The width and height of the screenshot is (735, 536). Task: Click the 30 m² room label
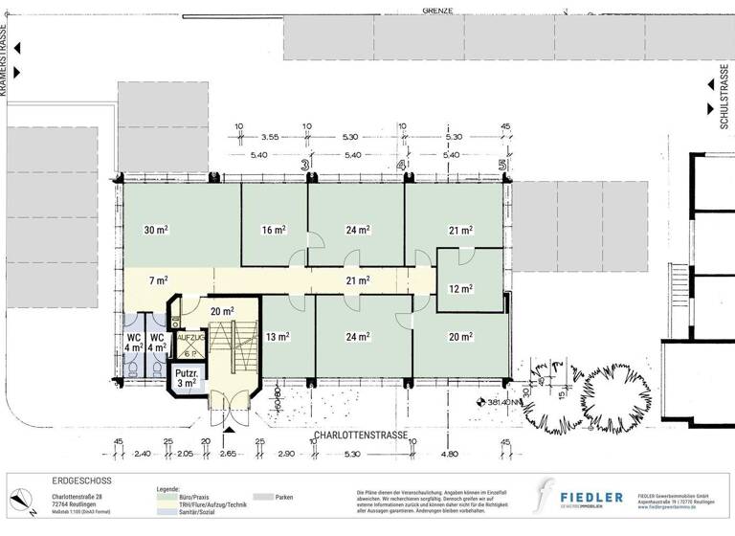(x=156, y=230)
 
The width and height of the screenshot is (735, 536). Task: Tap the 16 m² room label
(x=274, y=230)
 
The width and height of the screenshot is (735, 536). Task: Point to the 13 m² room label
(x=278, y=336)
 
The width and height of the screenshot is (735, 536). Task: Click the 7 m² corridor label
(x=158, y=280)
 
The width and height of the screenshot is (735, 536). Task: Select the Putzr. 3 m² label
(x=186, y=377)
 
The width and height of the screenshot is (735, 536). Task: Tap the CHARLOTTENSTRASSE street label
(x=360, y=435)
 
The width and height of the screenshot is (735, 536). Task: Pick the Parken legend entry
(x=284, y=498)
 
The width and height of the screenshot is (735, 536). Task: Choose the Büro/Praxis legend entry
(x=193, y=498)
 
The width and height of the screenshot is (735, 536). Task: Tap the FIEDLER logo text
(x=591, y=497)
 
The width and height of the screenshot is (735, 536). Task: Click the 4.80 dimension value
(x=449, y=453)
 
